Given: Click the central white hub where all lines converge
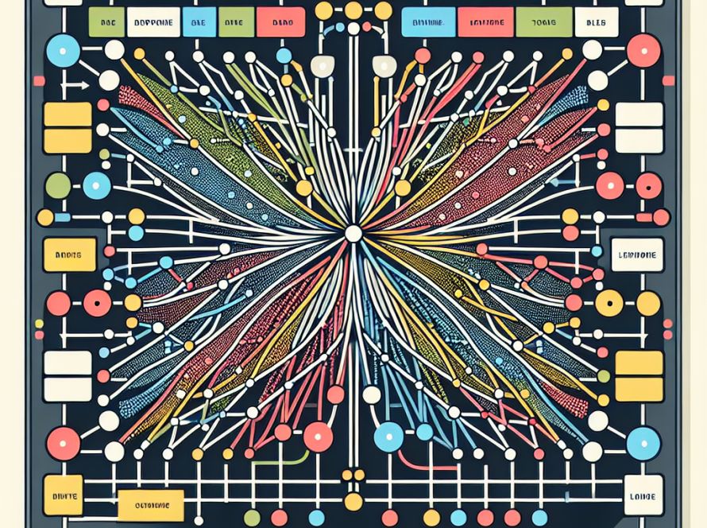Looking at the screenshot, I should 353,234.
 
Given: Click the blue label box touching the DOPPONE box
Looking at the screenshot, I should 195,22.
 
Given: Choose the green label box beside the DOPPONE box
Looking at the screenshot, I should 106,22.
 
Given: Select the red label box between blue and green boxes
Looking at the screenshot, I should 485,23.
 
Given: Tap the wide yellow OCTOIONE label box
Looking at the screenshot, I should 150,504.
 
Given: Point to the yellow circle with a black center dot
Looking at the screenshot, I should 609,302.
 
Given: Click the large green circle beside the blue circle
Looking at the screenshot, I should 58,186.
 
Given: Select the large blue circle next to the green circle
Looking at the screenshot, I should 96,186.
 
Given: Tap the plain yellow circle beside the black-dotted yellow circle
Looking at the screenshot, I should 648,303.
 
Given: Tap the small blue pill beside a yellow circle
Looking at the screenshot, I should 137,232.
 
